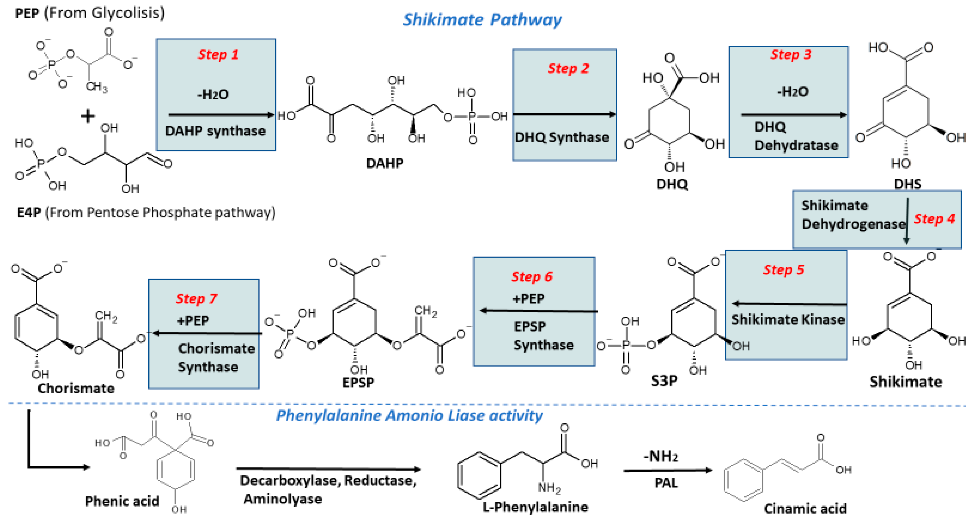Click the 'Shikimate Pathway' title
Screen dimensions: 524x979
(x=482, y=20)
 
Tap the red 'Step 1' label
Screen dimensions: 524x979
(x=218, y=54)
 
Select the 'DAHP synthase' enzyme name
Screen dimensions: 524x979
(x=215, y=131)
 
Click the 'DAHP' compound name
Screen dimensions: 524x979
(x=385, y=163)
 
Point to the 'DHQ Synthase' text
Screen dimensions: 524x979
(x=561, y=137)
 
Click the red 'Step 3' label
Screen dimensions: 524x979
(x=790, y=54)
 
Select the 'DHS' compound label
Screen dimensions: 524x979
(x=907, y=184)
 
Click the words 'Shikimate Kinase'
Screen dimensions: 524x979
(x=788, y=319)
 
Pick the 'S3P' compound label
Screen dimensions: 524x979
(x=664, y=381)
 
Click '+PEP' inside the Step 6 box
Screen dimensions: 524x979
(x=528, y=299)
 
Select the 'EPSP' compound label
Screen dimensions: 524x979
(x=358, y=382)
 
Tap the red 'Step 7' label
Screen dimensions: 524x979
(x=196, y=299)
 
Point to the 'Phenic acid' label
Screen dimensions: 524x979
(x=122, y=501)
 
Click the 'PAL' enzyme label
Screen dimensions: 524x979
(x=666, y=483)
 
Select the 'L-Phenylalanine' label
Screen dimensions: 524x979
(x=535, y=507)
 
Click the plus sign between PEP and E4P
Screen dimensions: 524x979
(x=88, y=116)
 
